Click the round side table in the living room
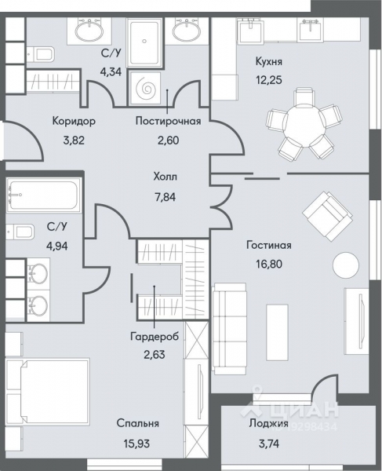(344, 265)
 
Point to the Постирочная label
(168, 122)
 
